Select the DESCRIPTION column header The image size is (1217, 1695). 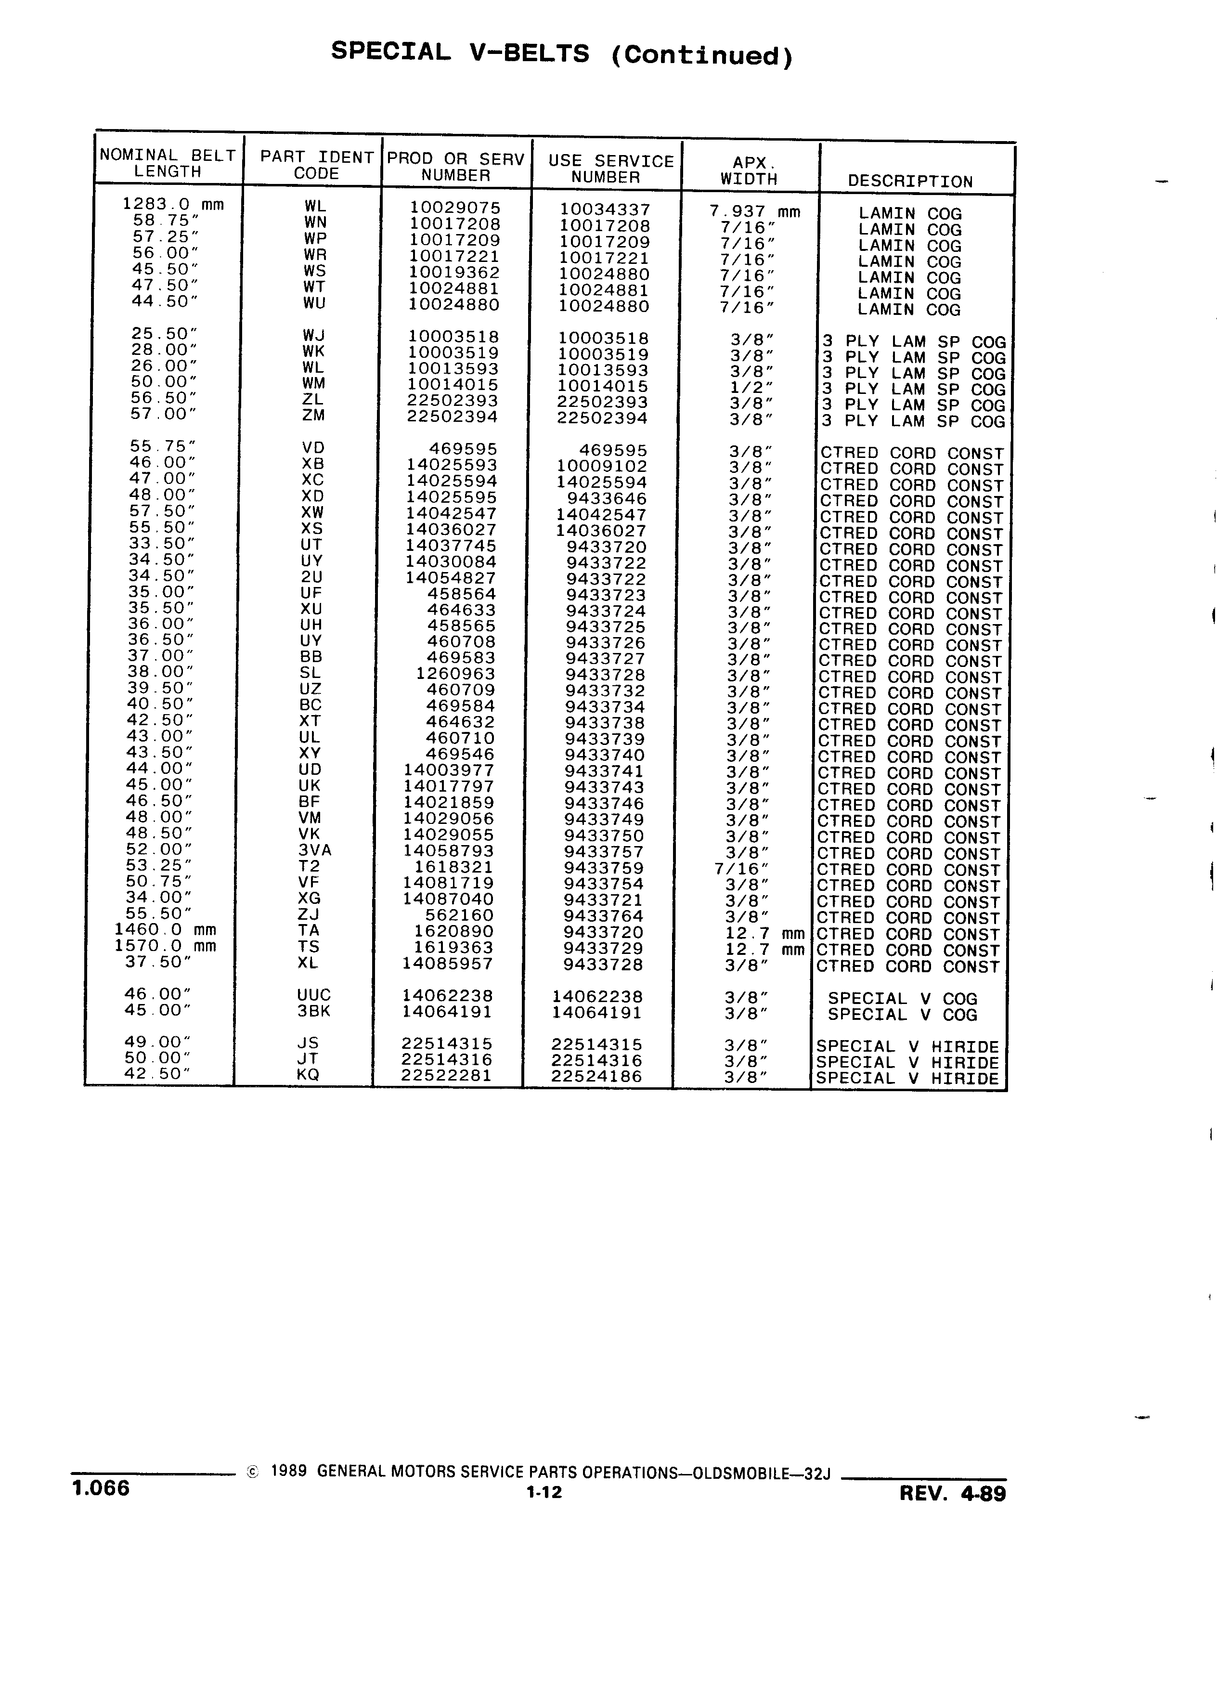(x=910, y=182)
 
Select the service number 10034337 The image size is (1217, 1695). (x=605, y=209)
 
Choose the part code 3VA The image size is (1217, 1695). (x=314, y=850)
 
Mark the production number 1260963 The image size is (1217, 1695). (x=455, y=673)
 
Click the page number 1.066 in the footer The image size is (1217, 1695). (x=101, y=1487)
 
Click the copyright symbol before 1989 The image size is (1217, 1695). (x=253, y=1472)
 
